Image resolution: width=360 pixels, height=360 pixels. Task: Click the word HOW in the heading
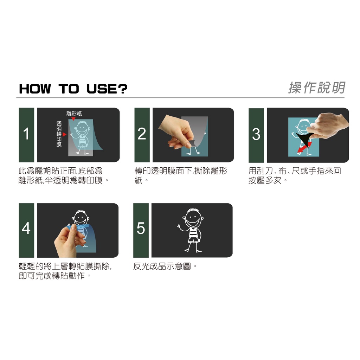click(x=35, y=89)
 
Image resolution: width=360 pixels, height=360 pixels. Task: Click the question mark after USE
click(x=123, y=89)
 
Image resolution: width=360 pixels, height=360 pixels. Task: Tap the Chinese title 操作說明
click(x=317, y=88)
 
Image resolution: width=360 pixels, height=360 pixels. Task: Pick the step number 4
click(x=26, y=228)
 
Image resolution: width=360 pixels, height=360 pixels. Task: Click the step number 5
click(x=141, y=228)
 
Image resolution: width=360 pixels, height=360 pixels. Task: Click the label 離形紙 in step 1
click(x=74, y=113)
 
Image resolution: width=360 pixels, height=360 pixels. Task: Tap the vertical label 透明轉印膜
click(x=59, y=134)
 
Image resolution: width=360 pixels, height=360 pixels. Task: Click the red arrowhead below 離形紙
click(x=73, y=119)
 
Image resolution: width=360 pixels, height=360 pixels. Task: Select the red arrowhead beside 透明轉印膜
click(x=65, y=134)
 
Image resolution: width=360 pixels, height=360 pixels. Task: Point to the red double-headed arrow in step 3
click(x=304, y=147)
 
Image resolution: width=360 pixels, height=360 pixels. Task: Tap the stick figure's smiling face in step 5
click(x=193, y=219)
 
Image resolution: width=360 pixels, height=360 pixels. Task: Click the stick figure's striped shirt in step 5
click(x=194, y=234)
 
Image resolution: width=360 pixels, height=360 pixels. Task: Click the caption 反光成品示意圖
click(x=162, y=266)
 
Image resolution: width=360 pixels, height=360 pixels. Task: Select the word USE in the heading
click(x=102, y=89)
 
